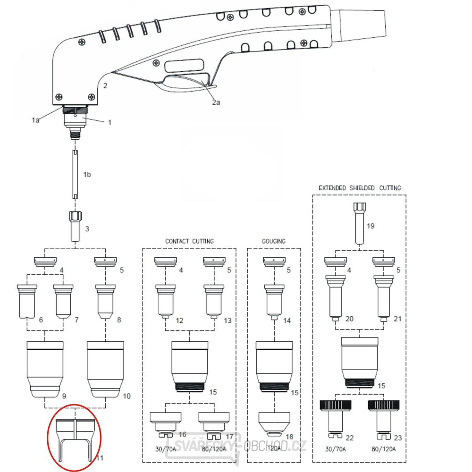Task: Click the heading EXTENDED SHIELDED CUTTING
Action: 360,188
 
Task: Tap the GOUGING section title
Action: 274,241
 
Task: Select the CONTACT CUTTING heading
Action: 189,241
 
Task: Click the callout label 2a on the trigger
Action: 216,102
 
